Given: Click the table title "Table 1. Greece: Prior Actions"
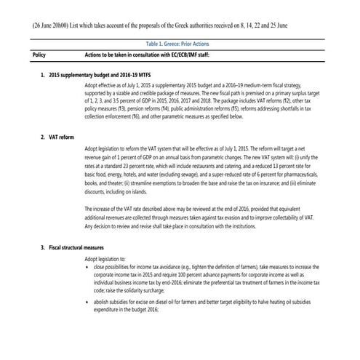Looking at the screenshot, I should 180,44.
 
